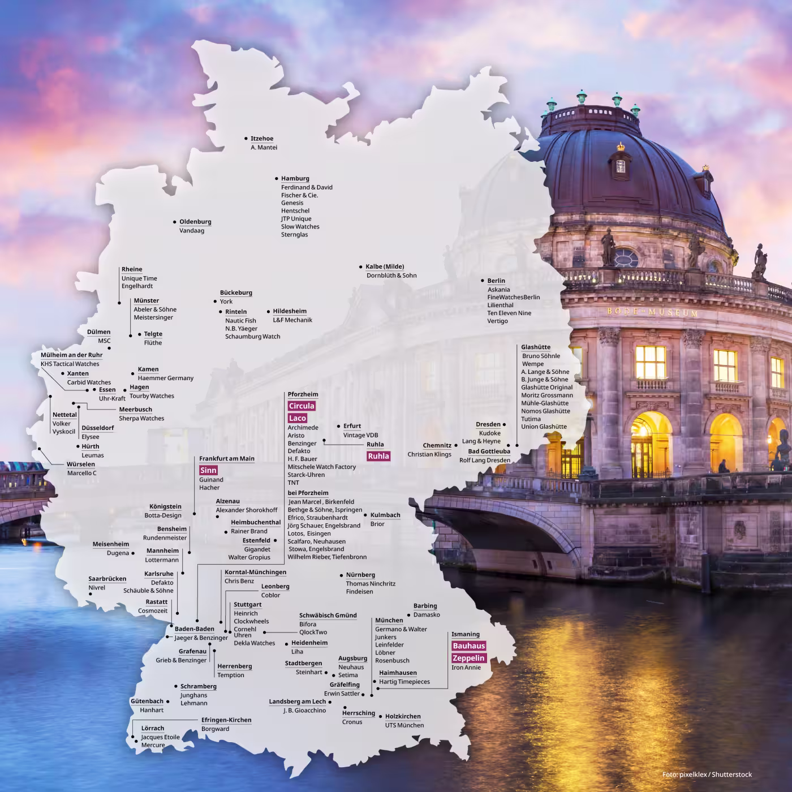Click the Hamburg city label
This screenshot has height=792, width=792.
click(x=295, y=179)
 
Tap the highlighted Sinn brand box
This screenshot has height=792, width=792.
click(x=208, y=470)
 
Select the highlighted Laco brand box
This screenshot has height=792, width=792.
click(x=297, y=418)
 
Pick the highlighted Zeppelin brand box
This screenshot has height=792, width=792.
click(x=468, y=658)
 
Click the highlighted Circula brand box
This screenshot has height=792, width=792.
click(x=301, y=406)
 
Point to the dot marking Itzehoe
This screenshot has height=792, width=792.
click(x=246, y=138)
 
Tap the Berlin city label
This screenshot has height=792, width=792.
click(x=496, y=281)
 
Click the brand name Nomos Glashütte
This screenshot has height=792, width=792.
click(x=545, y=411)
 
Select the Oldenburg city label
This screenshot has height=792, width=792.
click(x=195, y=222)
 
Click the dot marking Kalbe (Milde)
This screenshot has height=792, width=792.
click(x=360, y=266)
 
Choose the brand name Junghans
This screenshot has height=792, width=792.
click(x=193, y=695)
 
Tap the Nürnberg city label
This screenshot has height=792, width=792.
click(x=360, y=575)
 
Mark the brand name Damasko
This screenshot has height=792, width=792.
click(x=427, y=615)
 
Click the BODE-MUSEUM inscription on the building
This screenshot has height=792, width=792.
click(x=652, y=312)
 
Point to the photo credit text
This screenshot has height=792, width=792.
click(x=707, y=774)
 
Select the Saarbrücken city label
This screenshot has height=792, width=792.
click(x=107, y=579)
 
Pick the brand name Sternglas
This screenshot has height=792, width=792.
click(x=294, y=235)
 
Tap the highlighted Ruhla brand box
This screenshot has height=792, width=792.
click(x=378, y=456)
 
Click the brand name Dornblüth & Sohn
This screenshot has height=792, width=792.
click(x=391, y=276)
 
